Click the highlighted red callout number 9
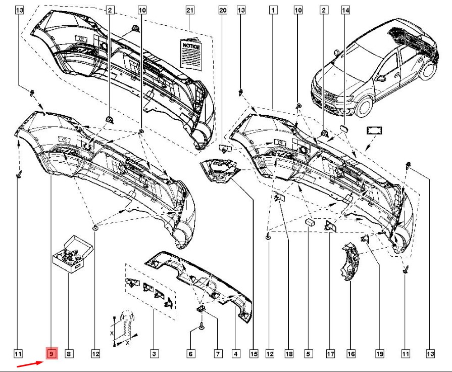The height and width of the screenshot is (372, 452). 52,353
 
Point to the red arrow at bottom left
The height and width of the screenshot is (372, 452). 30,364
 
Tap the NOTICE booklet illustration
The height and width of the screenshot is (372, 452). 190,54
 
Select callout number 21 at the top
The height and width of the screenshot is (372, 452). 190,10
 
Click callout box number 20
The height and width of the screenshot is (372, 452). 223,10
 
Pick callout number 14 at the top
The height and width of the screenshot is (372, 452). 345,10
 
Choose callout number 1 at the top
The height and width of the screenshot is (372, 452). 273,10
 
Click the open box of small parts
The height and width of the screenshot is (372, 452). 73,254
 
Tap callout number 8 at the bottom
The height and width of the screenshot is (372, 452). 69,353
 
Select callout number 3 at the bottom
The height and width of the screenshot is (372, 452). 154,353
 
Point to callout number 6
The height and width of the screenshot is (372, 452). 190,353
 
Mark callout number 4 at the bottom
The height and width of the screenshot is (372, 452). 236,353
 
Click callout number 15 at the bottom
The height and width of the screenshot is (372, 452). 254,353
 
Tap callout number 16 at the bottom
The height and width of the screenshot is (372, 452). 351,353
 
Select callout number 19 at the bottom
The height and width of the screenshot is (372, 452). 380,353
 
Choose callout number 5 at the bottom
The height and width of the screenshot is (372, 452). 308,353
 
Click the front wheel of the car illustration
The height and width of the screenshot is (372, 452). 364,106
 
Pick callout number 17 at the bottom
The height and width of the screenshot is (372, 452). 330,353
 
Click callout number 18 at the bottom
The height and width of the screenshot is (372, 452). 289,353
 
